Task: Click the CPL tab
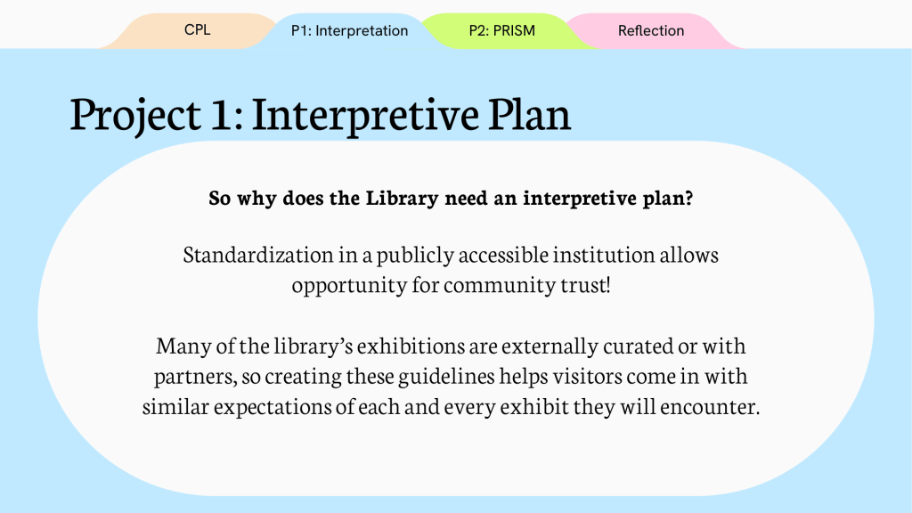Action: [x=197, y=30]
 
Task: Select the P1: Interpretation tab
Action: [x=349, y=31]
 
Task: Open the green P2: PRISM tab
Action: [x=502, y=31]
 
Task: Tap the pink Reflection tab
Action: [x=651, y=31]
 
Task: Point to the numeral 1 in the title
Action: [x=221, y=114]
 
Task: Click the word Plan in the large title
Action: [x=529, y=113]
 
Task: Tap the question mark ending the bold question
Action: [x=689, y=199]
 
